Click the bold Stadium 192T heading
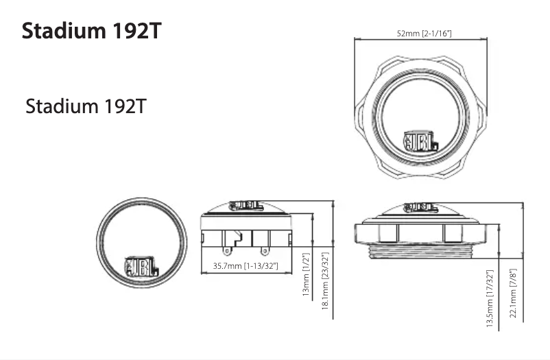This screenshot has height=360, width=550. click(x=92, y=32)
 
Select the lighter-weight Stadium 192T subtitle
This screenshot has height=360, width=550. click(x=85, y=107)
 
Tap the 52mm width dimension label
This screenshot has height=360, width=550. click(x=424, y=34)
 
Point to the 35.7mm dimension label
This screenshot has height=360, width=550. click(x=245, y=265)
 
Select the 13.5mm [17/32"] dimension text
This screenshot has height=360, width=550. click(x=490, y=299)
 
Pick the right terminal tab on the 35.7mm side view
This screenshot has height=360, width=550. click(x=261, y=240)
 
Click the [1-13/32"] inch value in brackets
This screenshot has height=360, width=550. click(x=261, y=265)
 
